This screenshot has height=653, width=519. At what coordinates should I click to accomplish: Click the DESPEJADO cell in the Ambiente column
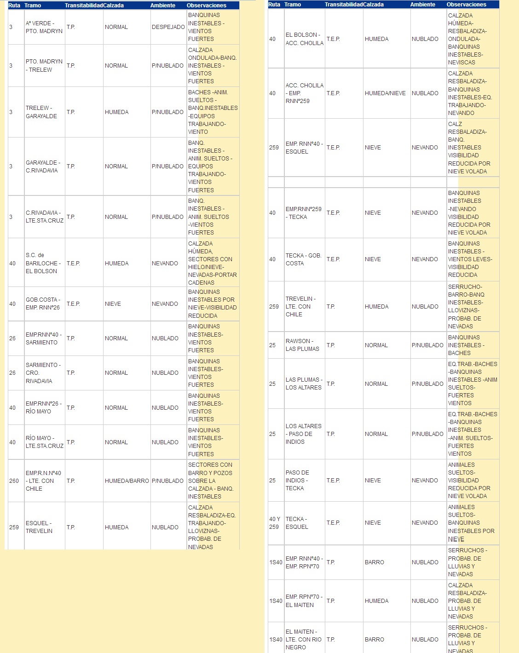pos(168,27)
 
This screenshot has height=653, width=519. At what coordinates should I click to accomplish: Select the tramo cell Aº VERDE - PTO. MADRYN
pos(44,27)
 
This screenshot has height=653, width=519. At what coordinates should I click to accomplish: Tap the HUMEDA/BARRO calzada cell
pos(127,481)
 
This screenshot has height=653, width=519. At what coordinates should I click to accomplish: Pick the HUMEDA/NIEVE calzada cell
pos(385,93)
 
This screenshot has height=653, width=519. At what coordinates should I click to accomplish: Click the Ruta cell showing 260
pos(14,481)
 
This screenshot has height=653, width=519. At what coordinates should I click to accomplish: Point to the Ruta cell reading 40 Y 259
pos(275,523)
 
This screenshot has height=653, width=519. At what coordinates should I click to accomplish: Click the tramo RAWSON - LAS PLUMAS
pos(302,345)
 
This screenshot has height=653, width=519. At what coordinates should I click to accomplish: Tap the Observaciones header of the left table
pos(206,6)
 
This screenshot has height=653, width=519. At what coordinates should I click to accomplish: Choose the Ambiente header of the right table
pos(422,5)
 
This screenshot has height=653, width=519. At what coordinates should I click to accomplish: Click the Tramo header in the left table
pos(33,6)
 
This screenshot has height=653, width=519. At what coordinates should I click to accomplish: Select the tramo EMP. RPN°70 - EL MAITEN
pos(304,601)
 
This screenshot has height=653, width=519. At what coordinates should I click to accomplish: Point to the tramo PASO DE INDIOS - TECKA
pos(297,481)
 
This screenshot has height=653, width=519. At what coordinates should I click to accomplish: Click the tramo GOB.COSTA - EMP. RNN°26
pos(43,304)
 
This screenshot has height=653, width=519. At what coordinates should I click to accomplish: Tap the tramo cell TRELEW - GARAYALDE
pos(41,112)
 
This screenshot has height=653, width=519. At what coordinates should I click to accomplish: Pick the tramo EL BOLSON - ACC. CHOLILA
pos(304,39)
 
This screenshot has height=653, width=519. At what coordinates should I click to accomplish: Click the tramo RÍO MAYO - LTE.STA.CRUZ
pos(44,442)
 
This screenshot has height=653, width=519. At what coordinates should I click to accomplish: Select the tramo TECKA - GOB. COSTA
pos(303,259)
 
